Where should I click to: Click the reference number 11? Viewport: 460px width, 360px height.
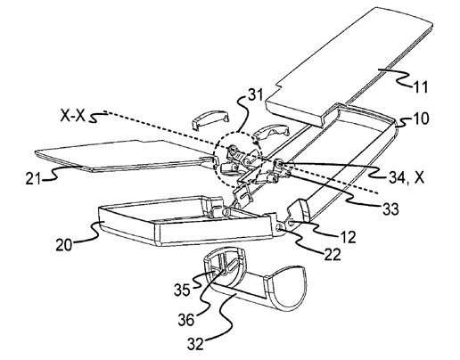[420, 87]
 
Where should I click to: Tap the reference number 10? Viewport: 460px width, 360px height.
[421, 119]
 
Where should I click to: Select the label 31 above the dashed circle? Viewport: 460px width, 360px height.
[255, 95]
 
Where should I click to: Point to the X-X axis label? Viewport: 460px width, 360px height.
[72, 116]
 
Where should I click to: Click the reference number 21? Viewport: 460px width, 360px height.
[34, 178]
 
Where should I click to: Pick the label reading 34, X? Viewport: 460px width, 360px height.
[407, 178]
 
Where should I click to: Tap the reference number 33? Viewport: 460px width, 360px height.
[390, 209]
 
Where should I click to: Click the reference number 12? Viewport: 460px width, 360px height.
[348, 237]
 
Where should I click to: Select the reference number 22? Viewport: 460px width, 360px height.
[333, 255]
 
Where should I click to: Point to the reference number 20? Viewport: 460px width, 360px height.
[64, 245]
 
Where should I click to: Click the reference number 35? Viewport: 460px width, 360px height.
[182, 290]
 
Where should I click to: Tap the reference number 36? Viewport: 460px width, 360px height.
[186, 320]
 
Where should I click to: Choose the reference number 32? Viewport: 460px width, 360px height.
[196, 344]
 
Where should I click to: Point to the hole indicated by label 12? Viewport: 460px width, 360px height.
[292, 222]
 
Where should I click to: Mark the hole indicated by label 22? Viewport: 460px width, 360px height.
[280, 227]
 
